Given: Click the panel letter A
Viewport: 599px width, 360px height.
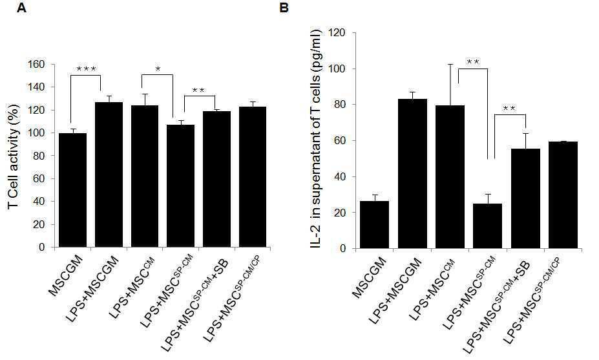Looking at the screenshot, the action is coord(22,8).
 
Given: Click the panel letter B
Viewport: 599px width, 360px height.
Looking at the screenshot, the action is coord(284,8).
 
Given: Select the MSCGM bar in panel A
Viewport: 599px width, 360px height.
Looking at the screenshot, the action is coord(72,190).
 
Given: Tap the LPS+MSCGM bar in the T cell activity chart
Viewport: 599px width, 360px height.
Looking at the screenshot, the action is coord(109,175).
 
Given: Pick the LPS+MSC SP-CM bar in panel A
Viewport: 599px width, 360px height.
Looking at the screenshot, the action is coord(181,186).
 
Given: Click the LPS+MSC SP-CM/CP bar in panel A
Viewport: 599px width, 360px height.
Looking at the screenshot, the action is coord(253,177).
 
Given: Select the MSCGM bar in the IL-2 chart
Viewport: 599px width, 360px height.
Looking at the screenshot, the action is coord(375,225).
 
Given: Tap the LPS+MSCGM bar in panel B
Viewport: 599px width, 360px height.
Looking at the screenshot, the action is coord(412,173).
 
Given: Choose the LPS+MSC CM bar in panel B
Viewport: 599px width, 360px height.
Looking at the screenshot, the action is coord(450,177).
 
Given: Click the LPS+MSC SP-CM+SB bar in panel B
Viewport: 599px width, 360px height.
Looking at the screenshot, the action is coord(525,198).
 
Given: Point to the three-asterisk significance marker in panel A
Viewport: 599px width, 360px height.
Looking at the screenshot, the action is coord(87,69).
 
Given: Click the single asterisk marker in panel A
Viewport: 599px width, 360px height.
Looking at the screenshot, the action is coord(158,69).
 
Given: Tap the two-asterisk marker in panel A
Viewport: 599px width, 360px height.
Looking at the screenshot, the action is coord(198,90).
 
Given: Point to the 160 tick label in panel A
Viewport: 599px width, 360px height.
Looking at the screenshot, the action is coord(37,64).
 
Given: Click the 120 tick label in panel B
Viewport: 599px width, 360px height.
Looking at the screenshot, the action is coord(338,33).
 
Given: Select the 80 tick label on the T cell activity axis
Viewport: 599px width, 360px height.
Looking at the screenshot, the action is coord(39,156).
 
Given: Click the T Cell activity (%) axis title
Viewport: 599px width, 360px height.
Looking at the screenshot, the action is coord(14,156).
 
